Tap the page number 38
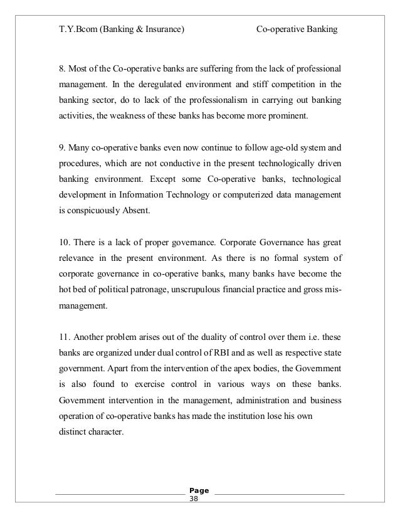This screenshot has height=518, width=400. (x=193, y=500)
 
